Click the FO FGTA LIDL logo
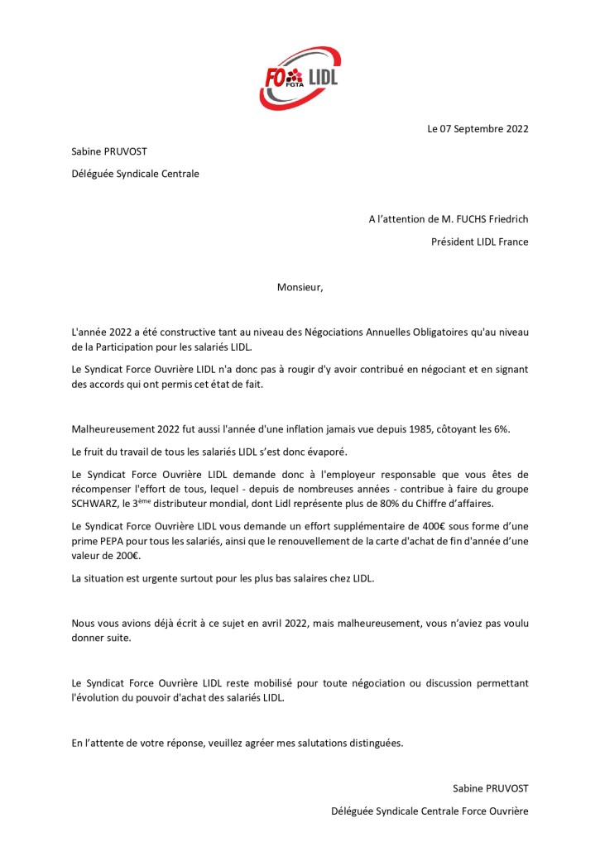click(x=300, y=78)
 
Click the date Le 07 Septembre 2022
click(x=478, y=129)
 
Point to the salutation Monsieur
click(x=300, y=288)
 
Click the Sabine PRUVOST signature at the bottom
click(x=490, y=789)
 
